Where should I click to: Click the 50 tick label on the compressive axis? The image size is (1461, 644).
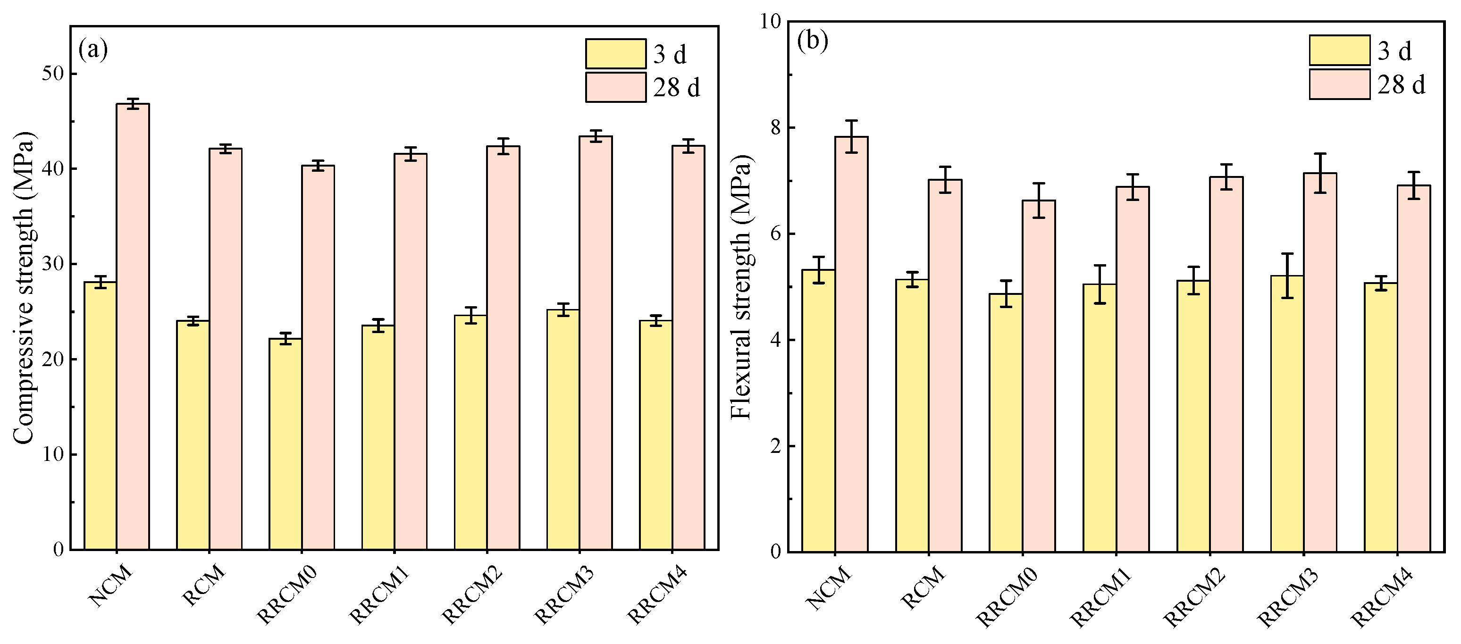click(52, 74)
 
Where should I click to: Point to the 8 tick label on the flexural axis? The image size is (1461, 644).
click(775, 127)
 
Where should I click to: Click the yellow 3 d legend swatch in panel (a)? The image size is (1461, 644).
click(615, 54)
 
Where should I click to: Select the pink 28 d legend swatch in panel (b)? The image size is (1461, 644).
click(1340, 84)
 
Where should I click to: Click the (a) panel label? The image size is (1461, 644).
click(93, 50)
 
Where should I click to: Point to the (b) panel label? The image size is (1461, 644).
click(812, 41)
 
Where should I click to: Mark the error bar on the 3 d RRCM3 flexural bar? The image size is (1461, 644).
click(1287, 276)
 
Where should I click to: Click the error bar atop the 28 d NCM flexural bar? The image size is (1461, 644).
click(851, 137)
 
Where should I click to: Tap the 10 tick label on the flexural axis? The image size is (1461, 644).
click(770, 22)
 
